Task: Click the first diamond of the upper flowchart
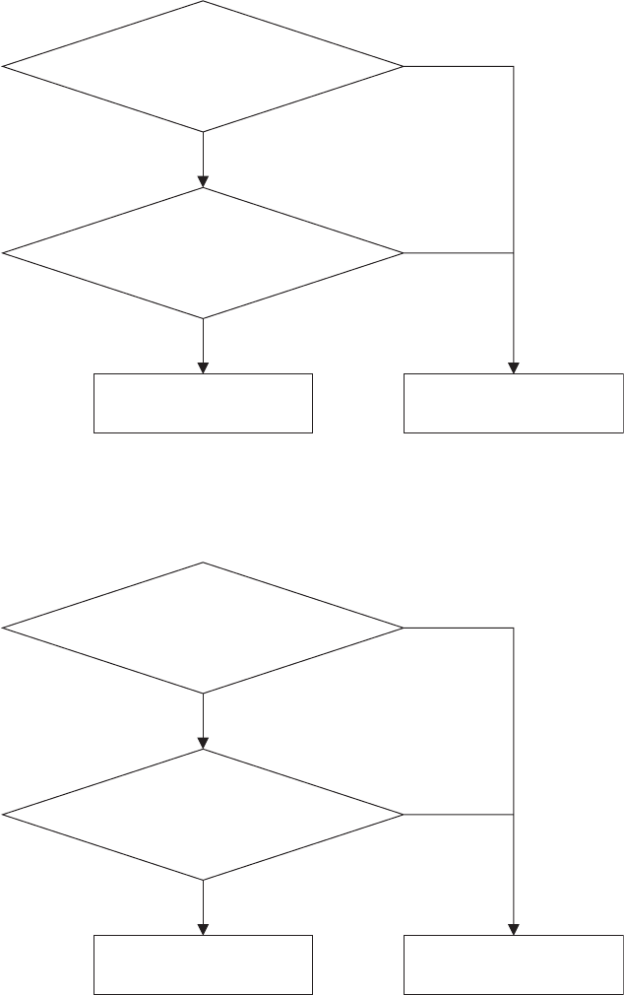203,66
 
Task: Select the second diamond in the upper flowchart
203,253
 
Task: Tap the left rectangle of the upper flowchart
203,403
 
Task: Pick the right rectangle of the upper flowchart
514,403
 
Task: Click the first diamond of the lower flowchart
203,628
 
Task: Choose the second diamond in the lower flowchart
203,815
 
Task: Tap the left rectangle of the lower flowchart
203,964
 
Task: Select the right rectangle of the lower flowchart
514,964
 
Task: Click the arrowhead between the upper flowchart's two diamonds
203,181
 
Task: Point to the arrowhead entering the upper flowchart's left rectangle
203,367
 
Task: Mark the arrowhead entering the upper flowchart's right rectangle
514,367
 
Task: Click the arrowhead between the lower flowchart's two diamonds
203,743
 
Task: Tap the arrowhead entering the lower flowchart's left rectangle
203,929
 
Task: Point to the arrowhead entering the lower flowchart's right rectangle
514,929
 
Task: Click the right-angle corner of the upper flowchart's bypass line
514,66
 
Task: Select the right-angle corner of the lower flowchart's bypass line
514,628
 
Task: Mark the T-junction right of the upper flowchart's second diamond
514,253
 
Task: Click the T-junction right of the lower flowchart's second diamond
514,815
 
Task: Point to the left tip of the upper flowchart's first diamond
4,66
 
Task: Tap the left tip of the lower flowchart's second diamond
4,815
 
